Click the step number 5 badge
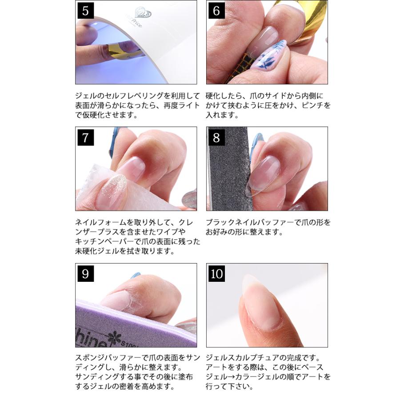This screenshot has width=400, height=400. pyautogui.click(x=85, y=11)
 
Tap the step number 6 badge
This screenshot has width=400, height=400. pyautogui.click(x=216, y=11)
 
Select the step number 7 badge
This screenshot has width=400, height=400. pyautogui.click(x=85, y=137)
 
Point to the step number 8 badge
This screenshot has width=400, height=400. pyautogui.click(x=216, y=137)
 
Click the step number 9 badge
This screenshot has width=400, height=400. pyautogui.click(x=85, y=273)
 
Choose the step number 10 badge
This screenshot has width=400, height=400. pyautogui.click(x=216, y=273)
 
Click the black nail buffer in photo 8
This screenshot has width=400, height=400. pyautogui.click(x=228, y=169)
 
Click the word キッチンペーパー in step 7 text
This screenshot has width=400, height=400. pyautogui.click(x=104, y=241)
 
